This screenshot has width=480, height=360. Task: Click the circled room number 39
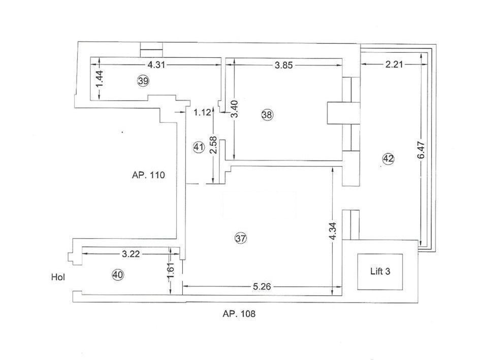(143, 81)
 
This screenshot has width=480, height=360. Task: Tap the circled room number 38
(267, 115)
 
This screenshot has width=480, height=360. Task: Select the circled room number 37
(241, 238)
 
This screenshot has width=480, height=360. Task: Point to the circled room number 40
(118, 275)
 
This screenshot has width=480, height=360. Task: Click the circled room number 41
(199, 147)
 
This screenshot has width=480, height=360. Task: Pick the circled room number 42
(389, 158)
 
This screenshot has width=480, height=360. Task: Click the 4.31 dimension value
(156, 64)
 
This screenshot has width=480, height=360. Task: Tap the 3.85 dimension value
(283, 65)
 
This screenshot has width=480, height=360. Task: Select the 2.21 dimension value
(394, 64)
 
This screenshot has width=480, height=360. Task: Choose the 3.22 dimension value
(131, 254)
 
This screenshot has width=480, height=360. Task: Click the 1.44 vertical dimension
(100, 79)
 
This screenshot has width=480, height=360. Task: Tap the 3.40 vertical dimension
(235, 109)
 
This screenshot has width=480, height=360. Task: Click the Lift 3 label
(380, 271)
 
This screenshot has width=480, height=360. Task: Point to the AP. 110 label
(148, 175)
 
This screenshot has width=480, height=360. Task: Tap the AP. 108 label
(239, 314)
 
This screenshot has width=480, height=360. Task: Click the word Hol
(58, 277)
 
